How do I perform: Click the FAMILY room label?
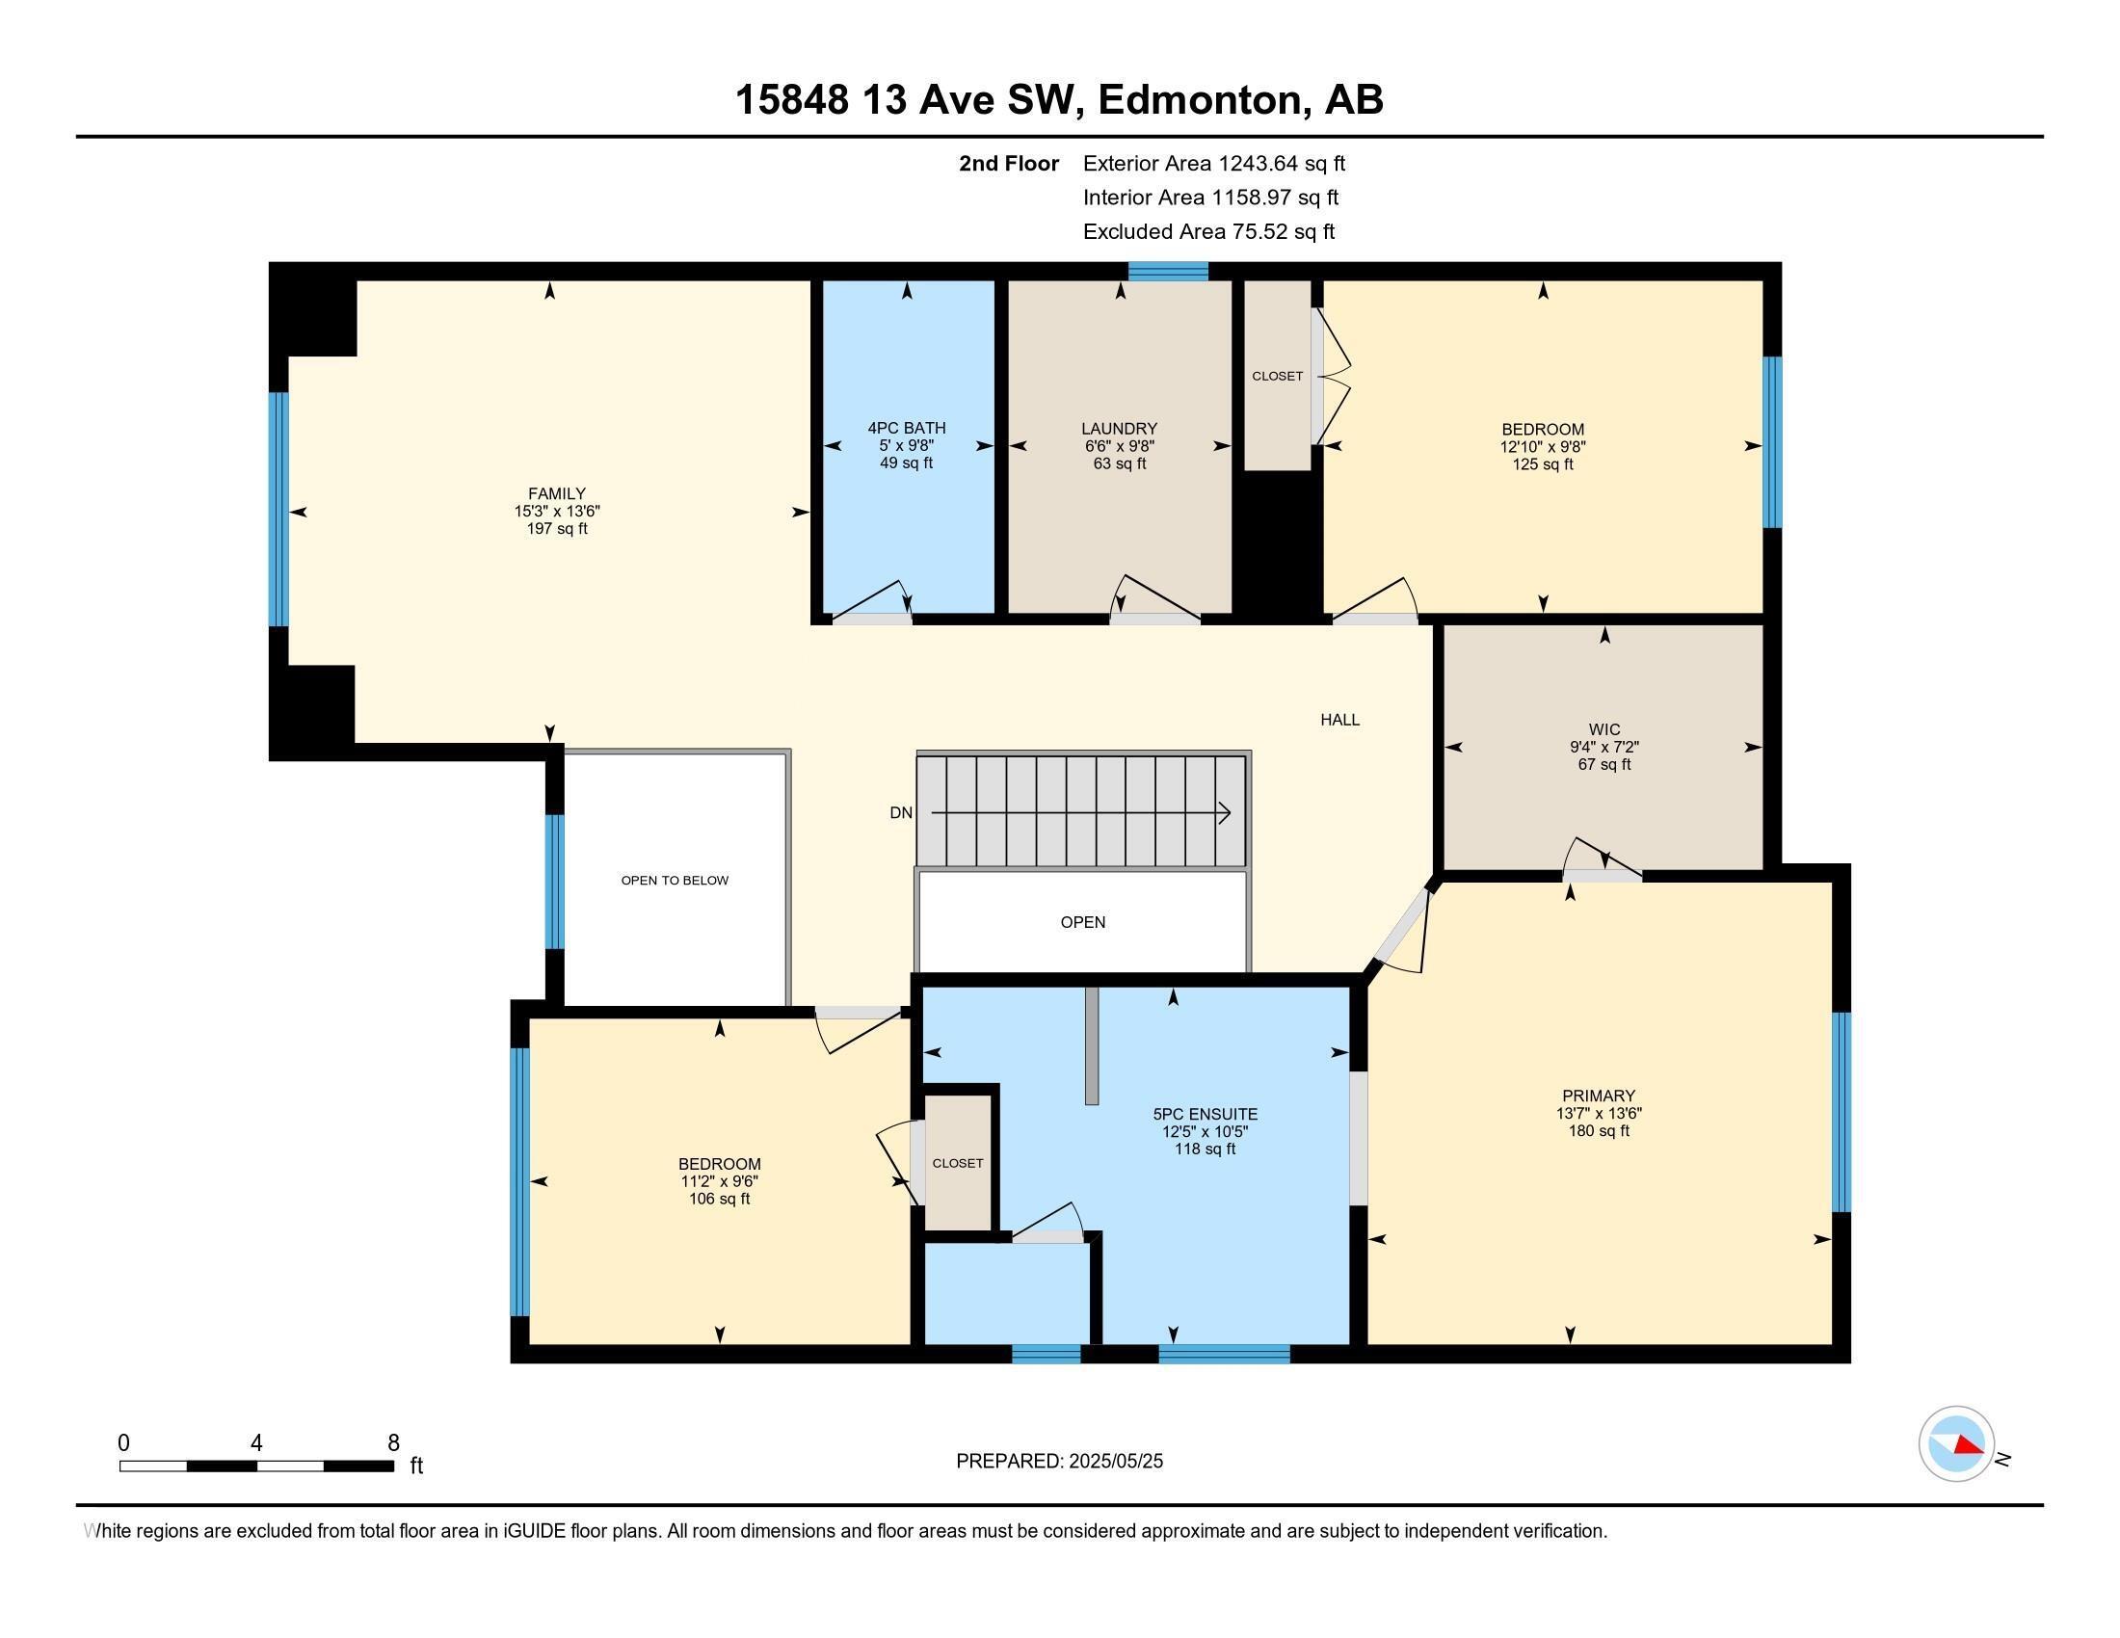[x=556, y=493]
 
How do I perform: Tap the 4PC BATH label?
[x=906, y=428]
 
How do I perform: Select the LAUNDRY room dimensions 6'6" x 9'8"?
[x=1119, y=446]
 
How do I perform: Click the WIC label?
[x=1603, y=729]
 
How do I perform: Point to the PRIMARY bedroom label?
[x=1598, y=1096]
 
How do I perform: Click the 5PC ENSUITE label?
[x=1205, y=1114]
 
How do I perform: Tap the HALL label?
[x=1338, y=720]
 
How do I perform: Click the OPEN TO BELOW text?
[x=675, y=880]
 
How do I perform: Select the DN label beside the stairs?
[x=901, y=813]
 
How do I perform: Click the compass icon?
[x=1956, y=1443]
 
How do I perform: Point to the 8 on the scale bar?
[x=393, y=1443]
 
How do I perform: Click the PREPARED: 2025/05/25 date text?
[x=1059, y=1462]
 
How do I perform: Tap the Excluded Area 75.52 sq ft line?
[x=1208, y=232]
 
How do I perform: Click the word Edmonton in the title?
[x=1200, y=100]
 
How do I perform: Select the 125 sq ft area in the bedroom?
[x=1543, y=464]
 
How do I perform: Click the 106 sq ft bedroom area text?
[x=718, y=1200]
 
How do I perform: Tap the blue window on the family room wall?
[x=278, y=510]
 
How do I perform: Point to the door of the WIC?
[x=1602, y=872]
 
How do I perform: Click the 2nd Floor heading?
[x=1009, y=164]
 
